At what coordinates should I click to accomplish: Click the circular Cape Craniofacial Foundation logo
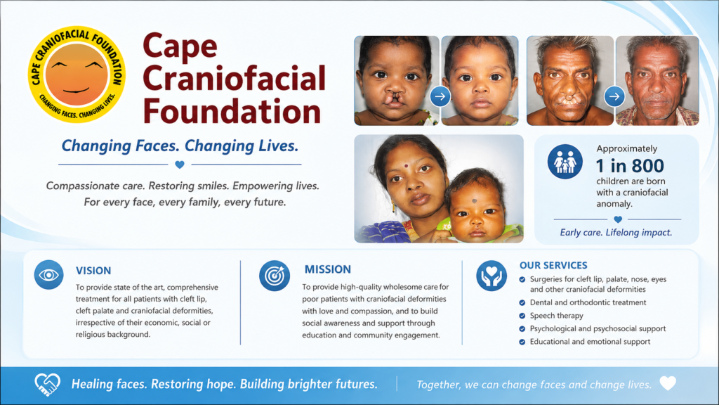pyautogui.click(x=77, y=75)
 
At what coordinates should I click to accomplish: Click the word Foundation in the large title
pyautogui.click(x=232, y=112)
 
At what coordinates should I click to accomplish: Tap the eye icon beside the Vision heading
pyautogui.click(x=48, y=275)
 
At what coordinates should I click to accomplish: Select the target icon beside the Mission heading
pyautogui.click(x=275, y=276)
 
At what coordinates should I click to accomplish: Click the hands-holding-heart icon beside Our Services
pyautogui.click(x=491, y=276)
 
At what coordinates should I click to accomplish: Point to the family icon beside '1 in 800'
pyautogui.click(x=565, y=161)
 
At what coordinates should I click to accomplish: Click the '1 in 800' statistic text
pyautogui.click(x=630, y=166)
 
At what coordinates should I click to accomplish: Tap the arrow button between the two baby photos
pyautogui.click(x=440, y=96)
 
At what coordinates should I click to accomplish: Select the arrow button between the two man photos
pyautogui.click(x=614, y=96)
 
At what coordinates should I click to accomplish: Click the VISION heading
pyautogui.click(x=93, y=271)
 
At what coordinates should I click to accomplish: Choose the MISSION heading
pyautogui.click(x=328, y=269)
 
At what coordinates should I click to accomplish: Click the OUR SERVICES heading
pyautogui.click(x=553, y=265)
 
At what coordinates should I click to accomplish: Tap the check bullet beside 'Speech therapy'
pyautogui.click(x=522, y=316)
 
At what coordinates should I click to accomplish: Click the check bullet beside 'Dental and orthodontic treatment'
pyautogui.click(x=522, y=302)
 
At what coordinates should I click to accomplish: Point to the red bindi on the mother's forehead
pyautogui.click(x=406, y=166)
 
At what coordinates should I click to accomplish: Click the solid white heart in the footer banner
pyautogui.click(x=668, y=383)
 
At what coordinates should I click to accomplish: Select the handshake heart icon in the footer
pyautogui.click(x=47, y=385)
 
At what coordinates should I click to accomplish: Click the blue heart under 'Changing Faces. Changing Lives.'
pyautogui.click(x=180, y=165)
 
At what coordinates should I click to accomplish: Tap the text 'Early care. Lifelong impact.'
pyautogui.click(x=616, y=233)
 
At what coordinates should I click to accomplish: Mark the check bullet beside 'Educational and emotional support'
pyautogui.click(x=522, y=342)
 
